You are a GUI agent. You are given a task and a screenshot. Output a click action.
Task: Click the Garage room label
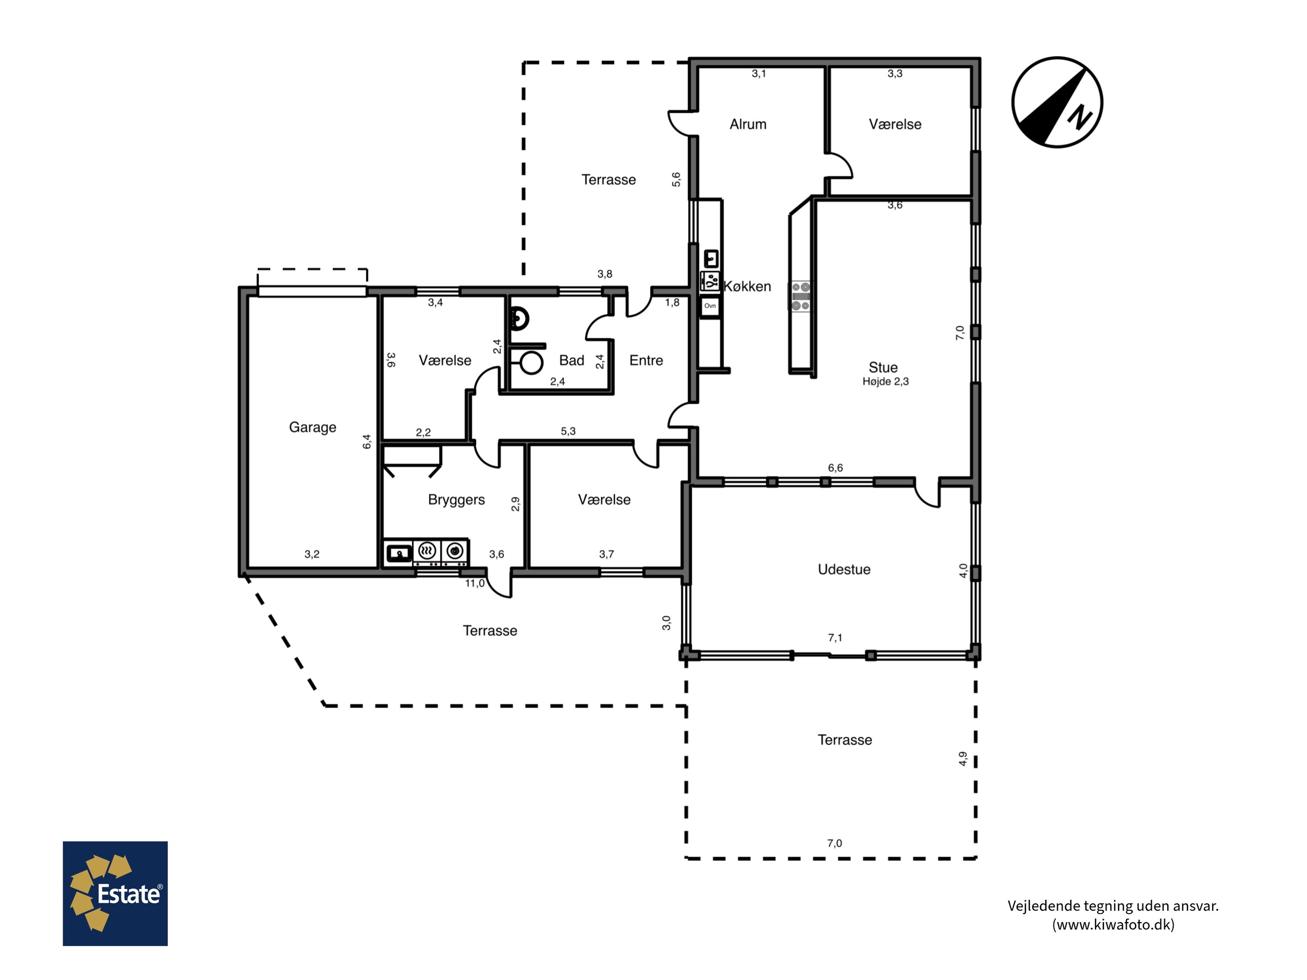coord(312,427)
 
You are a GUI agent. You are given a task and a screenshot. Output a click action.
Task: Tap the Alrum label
coord(748,124)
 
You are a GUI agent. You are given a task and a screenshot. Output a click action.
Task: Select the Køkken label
coord(748,287)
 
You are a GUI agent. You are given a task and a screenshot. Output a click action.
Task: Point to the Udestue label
coord(844,569)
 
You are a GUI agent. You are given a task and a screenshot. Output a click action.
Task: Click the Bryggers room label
coord(456,500)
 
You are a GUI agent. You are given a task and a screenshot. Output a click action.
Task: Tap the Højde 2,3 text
coord(885,382)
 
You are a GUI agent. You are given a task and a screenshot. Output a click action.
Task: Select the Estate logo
coord(115,893)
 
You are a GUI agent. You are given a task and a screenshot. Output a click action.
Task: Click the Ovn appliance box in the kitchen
coord(710,306)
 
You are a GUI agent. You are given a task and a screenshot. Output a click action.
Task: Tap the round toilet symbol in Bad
coord(531,363)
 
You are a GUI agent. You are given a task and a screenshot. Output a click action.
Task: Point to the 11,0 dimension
coord(474,584)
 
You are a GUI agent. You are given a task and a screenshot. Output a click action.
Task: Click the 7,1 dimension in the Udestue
coord(835,637)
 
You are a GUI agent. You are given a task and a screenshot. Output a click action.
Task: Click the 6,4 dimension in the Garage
coord(367,441)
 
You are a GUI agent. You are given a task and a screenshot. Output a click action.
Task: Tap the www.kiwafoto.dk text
coord(1113,925)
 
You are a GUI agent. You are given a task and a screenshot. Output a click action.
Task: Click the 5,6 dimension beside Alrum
coord(676,179)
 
